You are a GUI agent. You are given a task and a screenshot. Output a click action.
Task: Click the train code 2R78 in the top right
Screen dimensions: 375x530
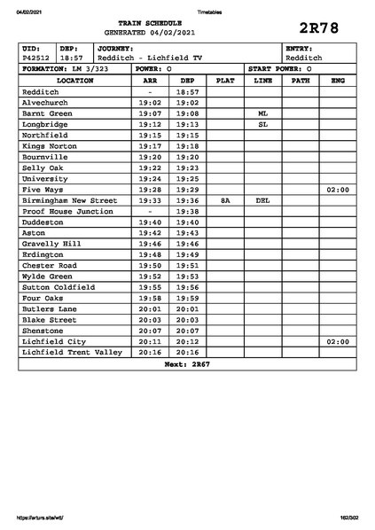(x=320, y=27)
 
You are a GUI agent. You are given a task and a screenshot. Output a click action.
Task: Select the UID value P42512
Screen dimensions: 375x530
(x=36, y=58)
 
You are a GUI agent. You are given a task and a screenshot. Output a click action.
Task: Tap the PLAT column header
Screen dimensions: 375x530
(x=225, y=81)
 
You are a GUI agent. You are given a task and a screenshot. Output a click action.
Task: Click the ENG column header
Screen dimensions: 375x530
(x=338, y=81)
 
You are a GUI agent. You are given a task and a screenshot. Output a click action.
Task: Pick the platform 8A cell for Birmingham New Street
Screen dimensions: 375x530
(x=225, y=200)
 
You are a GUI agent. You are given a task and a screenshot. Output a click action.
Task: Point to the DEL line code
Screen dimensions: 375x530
(x=262, y=200)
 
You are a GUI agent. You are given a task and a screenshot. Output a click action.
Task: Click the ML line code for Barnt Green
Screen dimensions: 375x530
(x=262, y=113)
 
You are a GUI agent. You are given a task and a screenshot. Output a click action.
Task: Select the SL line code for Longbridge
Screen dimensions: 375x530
(x=262, y=124)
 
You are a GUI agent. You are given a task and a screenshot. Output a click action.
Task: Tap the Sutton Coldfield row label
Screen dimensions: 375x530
(x=59, y=287)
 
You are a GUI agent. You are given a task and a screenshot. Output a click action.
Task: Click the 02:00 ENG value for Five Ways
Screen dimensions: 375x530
(x=338, y=190)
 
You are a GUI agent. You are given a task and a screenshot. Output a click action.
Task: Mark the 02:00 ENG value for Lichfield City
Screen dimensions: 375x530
(x=338, y=341)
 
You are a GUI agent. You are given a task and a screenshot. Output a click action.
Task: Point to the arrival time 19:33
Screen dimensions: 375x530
(x=150, y=200)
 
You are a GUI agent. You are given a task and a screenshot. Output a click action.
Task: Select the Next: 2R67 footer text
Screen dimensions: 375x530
(x=187, y=364)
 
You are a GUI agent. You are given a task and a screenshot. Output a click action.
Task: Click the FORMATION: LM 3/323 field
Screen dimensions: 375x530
(x=66, y=68)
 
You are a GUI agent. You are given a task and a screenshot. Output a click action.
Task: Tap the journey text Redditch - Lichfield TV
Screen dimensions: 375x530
(x=150, y=58)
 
